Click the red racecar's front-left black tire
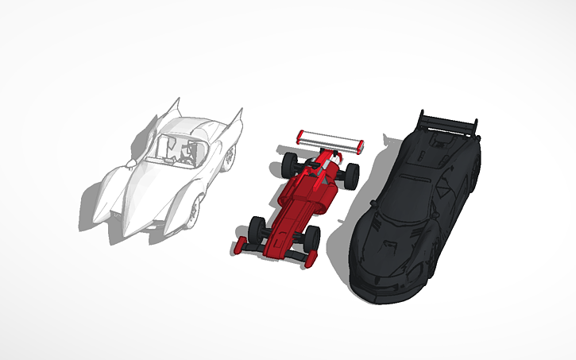click(256, 228)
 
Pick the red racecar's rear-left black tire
click(288, 165)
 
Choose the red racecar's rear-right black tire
click(350, 174)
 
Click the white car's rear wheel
click(229, 156)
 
